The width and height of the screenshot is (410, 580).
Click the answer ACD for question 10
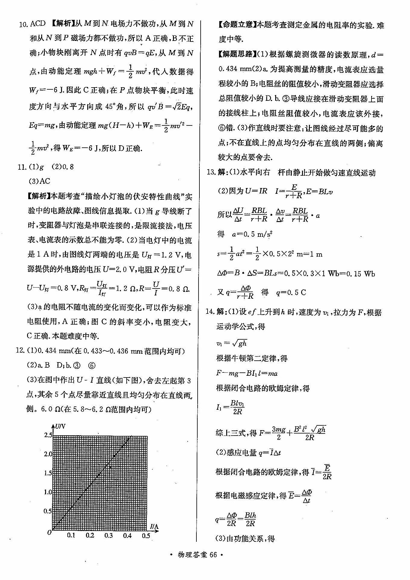pos(38,24)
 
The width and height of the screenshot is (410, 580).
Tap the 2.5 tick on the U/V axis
pos(48,435)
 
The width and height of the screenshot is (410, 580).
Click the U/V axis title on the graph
pos(60,426)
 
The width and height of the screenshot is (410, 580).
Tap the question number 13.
pos(211,172)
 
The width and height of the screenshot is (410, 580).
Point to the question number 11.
pos(22,167)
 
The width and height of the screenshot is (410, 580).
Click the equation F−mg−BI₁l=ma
pos(247,373)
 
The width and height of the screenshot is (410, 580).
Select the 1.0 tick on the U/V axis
pos(48,492)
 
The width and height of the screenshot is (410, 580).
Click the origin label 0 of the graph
pos(49,533)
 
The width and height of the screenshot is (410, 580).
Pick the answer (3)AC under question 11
pos(39,181)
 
